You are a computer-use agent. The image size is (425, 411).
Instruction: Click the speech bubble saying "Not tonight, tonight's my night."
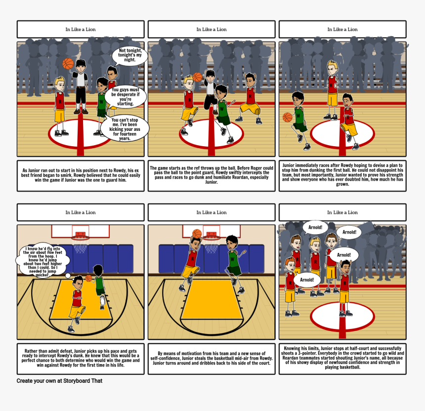point(130,55)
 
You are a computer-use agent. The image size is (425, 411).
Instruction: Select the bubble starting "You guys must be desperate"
point(126,97)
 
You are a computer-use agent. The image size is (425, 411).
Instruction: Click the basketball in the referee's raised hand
point(68,63)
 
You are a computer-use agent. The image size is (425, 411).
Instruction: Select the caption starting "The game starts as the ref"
point(212,175)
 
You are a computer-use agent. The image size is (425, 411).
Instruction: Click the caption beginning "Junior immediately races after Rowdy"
point(342,175)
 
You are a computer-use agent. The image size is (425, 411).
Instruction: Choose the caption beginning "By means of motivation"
point(212,358)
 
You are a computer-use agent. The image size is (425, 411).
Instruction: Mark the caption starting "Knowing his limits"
point(342,358)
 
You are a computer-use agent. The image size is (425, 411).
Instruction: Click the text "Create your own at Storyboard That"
point(59,381)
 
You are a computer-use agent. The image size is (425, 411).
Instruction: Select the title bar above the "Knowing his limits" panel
point(342,212)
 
